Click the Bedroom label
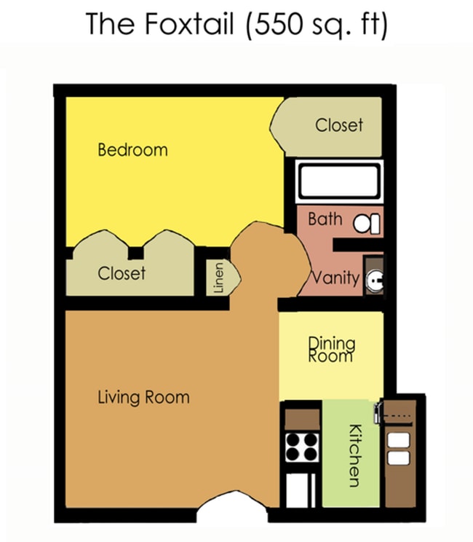coord(132,150)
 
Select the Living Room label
coord(143,398)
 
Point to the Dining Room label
coord(332,349)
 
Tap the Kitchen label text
coord(355,455)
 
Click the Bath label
coord(325,219)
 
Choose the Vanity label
coord(335,278)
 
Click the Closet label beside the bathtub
coord(338,125)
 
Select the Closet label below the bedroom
coord(122,273)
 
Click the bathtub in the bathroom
coord(339,180)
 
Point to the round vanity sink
coord(375,278)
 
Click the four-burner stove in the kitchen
coord(302,447)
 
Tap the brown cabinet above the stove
coord(302,419)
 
